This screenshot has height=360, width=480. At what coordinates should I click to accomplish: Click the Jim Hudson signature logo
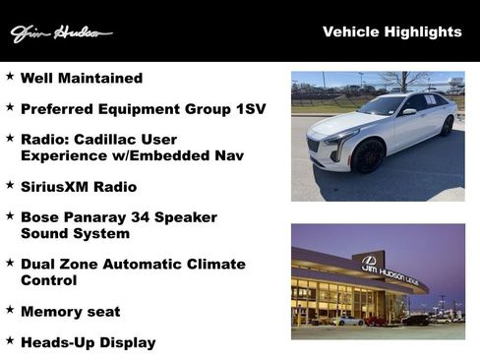tap(60, 33)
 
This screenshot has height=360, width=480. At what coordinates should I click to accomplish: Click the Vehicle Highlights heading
tap(391, 32)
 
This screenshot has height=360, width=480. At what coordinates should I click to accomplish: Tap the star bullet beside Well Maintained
tap(10, 76)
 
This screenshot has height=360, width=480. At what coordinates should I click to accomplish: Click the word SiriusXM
tap(56, 186)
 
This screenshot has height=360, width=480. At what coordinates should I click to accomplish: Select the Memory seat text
tap(70, 312)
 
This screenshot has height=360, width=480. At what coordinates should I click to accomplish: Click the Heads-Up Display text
tap(88, 342)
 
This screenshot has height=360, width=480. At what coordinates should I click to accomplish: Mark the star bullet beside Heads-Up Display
tap(10, 340)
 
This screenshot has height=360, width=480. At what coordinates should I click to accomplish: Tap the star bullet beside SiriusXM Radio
tap(10, 184)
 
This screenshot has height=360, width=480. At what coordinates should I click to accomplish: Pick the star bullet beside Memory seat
tap(10, 310)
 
